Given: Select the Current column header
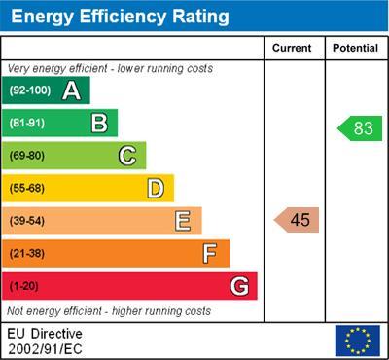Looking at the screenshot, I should tap(292, 48).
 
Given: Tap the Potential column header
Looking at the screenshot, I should tap(355, 48).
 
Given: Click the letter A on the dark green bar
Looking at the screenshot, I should tap(71, 90).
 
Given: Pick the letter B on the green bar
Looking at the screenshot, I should tap(99, 123).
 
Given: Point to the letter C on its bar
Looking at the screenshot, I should tap(127, 155).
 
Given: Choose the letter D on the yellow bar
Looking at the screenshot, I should tap(156, 188).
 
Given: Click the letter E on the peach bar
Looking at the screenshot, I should tap(183, 221).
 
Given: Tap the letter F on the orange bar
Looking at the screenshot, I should tap(210, 253).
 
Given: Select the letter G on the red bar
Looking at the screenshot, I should tap(238, 286).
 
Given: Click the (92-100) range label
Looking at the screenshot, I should tap(29, 90).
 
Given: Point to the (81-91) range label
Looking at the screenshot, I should tap(27, 123).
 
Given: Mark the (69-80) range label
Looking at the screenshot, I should tap(27, 155).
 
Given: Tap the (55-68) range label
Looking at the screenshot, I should tap(27, 188).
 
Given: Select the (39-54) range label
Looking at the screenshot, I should tap(27, 221).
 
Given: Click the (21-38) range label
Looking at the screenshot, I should tap(27, 253).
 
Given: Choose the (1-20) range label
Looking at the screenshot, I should tap(24, 286).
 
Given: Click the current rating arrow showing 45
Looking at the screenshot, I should tap(297, 220).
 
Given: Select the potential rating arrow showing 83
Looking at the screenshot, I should tap(358, 128).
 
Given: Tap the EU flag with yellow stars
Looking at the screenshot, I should tap(357, 341).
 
